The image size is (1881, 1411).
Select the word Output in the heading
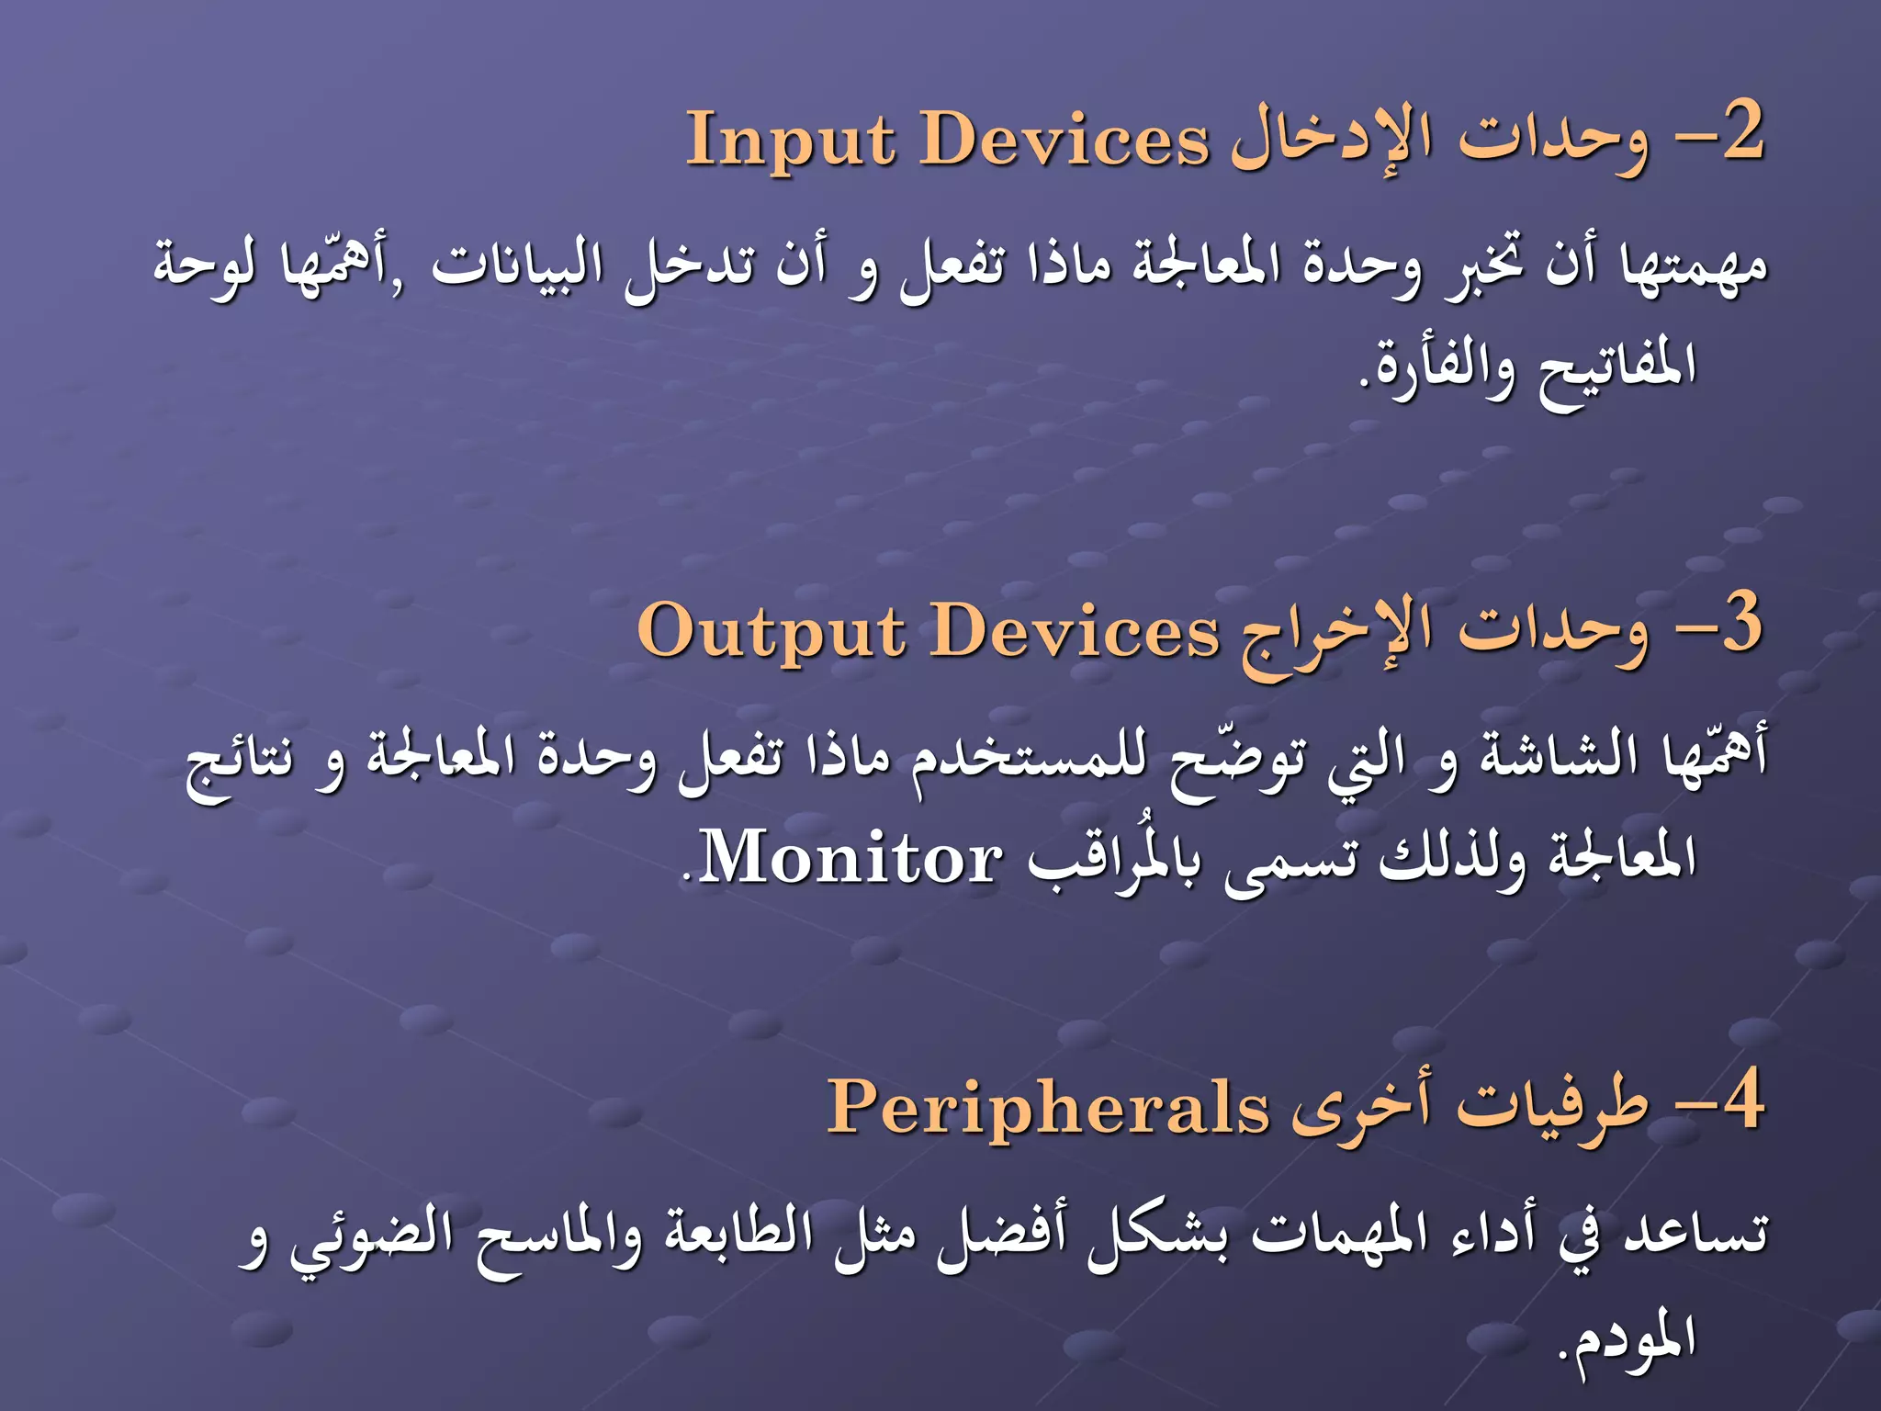click(x=773, y=632)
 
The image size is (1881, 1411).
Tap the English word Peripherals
click(x=1048, y=1108)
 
